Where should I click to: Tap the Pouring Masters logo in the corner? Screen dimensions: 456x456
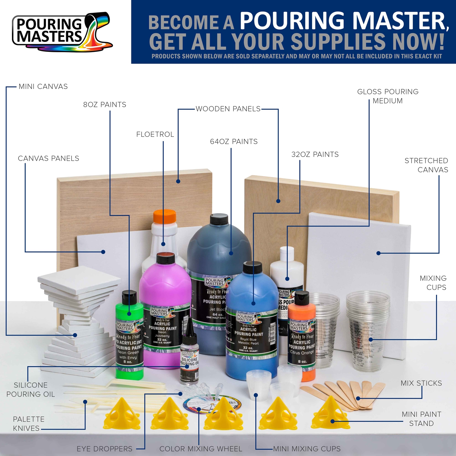point(62,32)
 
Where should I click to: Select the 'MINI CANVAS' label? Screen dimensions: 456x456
point(43,87)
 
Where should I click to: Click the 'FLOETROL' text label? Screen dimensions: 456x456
point(155,135)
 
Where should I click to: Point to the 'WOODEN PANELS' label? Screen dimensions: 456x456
point(228,109)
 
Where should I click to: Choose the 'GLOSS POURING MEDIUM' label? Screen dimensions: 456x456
point(388,96)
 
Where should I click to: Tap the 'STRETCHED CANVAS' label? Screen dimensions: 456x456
point(426,165)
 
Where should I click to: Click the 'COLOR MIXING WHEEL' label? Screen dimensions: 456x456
point(201,449)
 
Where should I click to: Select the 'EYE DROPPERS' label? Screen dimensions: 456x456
point(105,449)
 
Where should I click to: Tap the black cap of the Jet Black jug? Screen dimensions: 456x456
point(219,219)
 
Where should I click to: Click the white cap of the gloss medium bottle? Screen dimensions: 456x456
point(287,252)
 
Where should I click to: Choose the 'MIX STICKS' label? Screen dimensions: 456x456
point(421,383)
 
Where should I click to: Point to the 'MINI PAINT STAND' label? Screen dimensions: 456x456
point(421,419)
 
